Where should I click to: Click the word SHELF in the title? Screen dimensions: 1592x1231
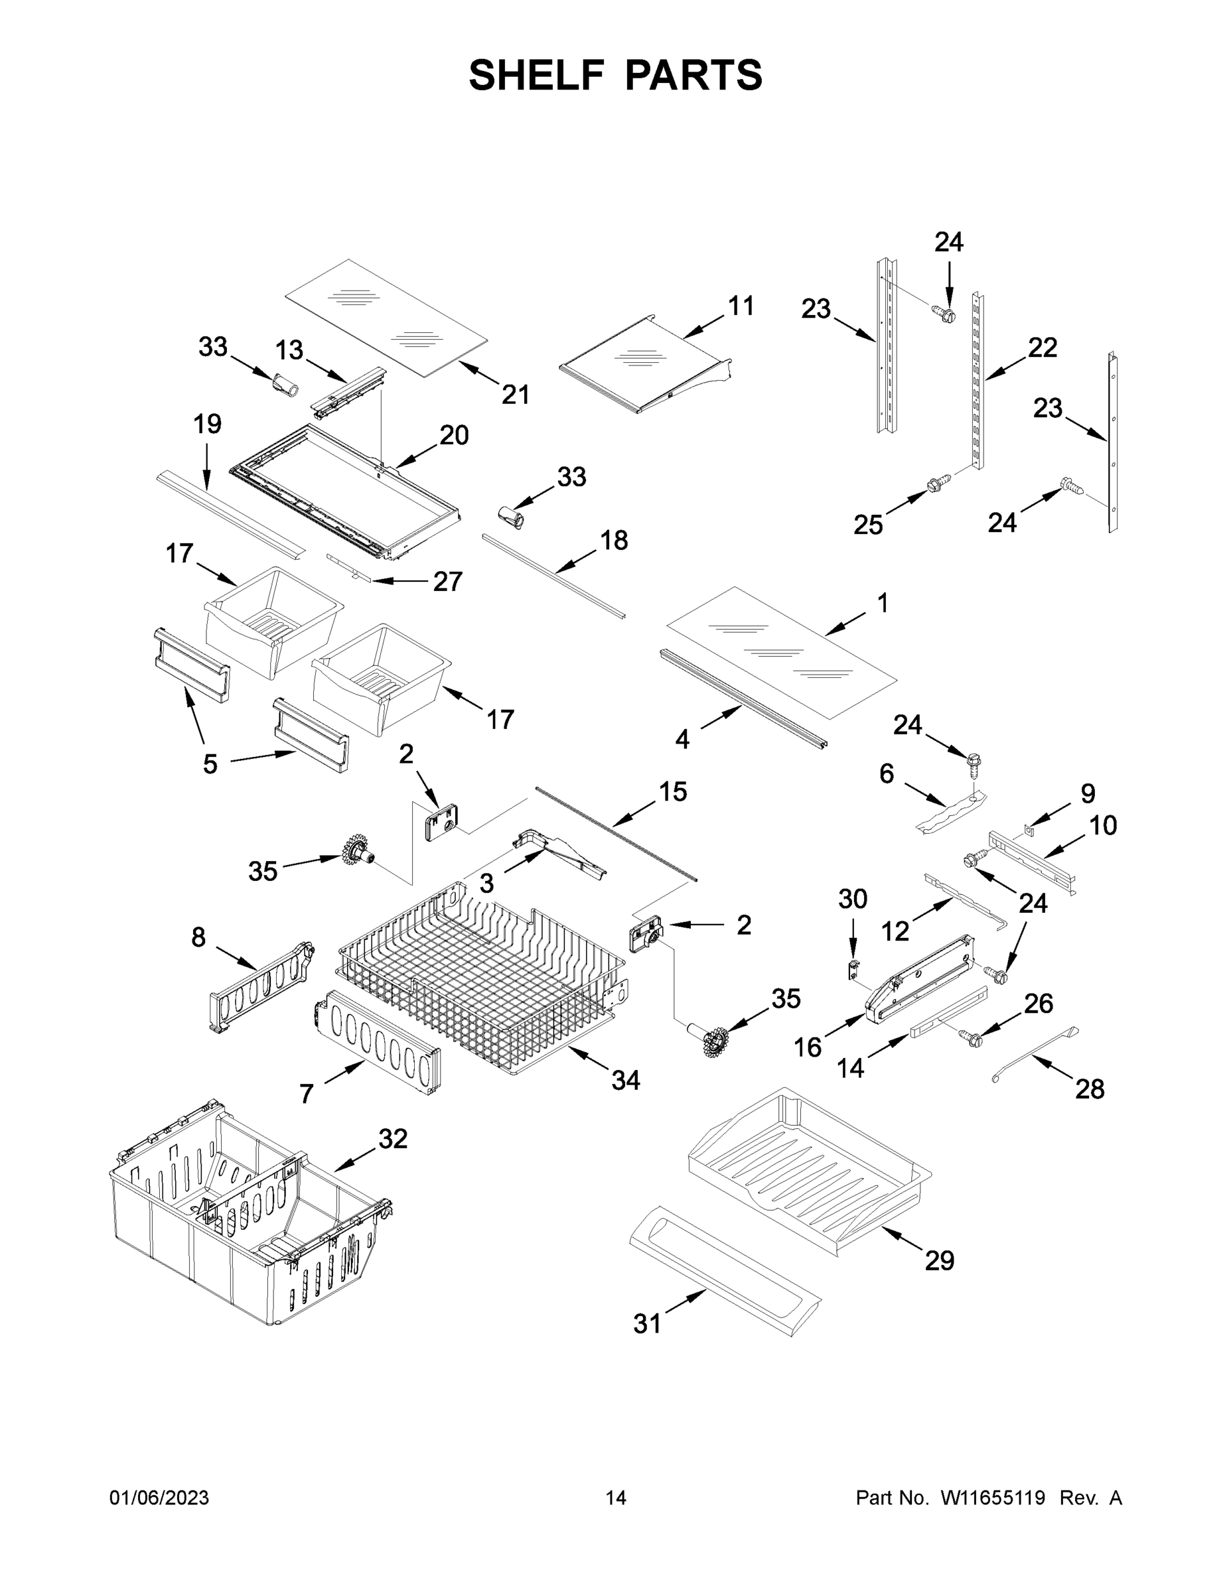click(x=537, y=75)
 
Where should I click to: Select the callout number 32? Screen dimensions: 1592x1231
click(x=392, y=1138)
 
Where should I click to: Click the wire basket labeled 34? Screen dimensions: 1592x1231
click(x=481, y=984)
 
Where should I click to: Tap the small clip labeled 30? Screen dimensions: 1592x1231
click(x=851, y=970)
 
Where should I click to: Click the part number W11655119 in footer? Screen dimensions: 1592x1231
click(x=993, y=1498)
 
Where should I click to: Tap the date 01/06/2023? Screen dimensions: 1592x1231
click(x=159, y=1498)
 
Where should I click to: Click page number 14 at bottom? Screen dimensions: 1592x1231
click(x=616, y=1498)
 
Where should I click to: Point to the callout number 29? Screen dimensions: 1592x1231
click(x=939, y=1260)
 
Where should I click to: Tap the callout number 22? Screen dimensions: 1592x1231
click(x=1042, y=348)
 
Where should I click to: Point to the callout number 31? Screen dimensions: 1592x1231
click(x=647, y=1323)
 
